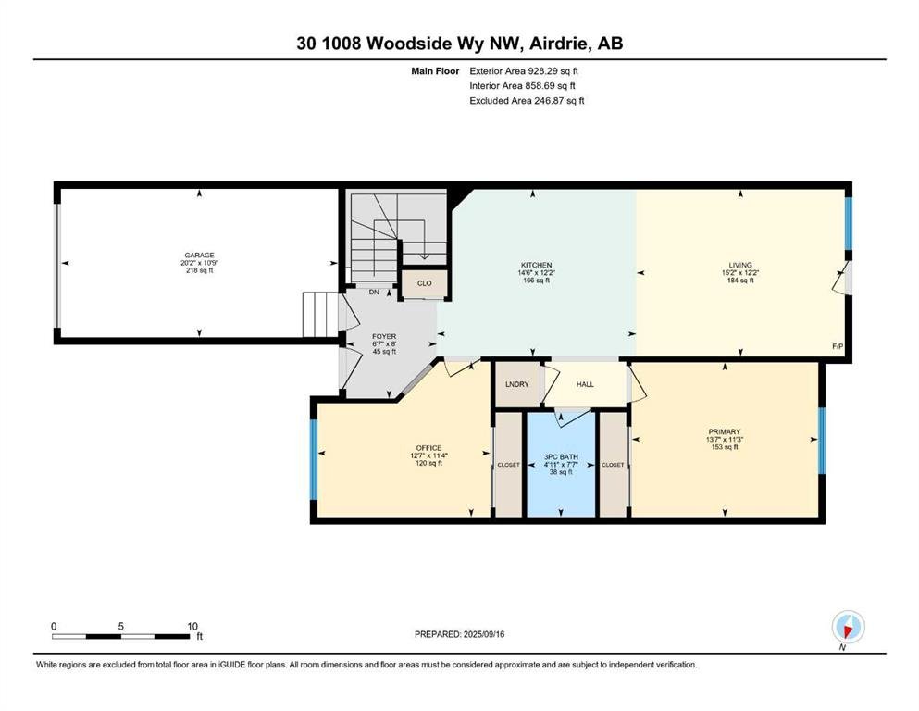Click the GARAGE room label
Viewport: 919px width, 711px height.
(x=199, y=256)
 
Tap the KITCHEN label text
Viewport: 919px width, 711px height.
(x=536, y=265)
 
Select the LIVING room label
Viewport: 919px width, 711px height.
(x=740, y=265)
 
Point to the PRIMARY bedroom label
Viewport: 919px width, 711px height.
(x=725, y=431)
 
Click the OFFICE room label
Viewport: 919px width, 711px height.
(x=428, y=448)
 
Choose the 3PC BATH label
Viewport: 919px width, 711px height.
(x=561, y=456)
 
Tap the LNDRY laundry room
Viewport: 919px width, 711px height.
(x=517, y=384)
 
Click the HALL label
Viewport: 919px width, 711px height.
(x=585, y=384)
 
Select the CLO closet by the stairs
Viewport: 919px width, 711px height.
(x=425, y=283)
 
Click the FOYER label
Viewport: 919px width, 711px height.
(x=384, y=336)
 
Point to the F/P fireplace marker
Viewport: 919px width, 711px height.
(x=838, y=346)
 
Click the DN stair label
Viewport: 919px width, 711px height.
(x=374, y=292)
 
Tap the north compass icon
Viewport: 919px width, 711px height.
(x=848, y=627)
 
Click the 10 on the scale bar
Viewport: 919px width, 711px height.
(x=192, y=626)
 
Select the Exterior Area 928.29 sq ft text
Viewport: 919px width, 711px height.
(x=524, y=71)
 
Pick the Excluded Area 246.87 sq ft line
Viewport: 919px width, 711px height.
(x=527, y=100)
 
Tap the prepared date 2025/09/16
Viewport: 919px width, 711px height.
(x=484, y=634)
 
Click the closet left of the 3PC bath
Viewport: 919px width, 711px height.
(x=508, y=465)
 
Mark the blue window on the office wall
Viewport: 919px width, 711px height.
(x=314, y=459)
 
